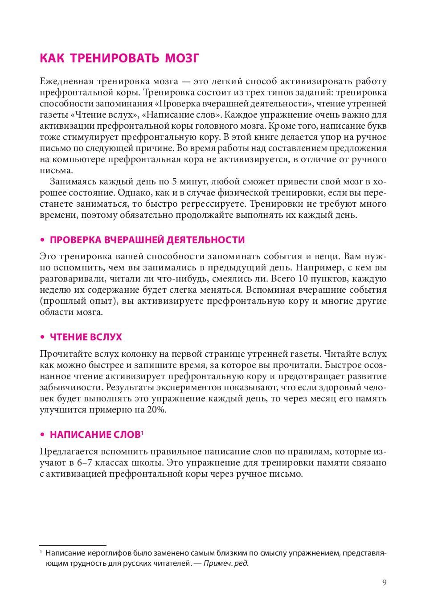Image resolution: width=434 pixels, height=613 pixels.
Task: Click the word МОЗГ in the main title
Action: [182, 58]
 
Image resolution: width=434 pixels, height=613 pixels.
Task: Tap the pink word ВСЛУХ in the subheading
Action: [106, 337]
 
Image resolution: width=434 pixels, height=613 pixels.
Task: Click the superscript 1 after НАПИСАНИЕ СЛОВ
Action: [142, 432]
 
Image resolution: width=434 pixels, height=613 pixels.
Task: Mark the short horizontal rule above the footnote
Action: [73, 545]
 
